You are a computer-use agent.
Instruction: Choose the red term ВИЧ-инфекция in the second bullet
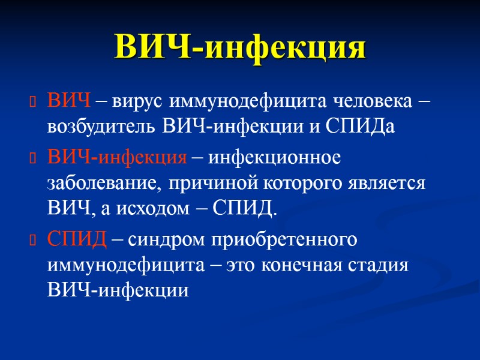click(x=117, y=158)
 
